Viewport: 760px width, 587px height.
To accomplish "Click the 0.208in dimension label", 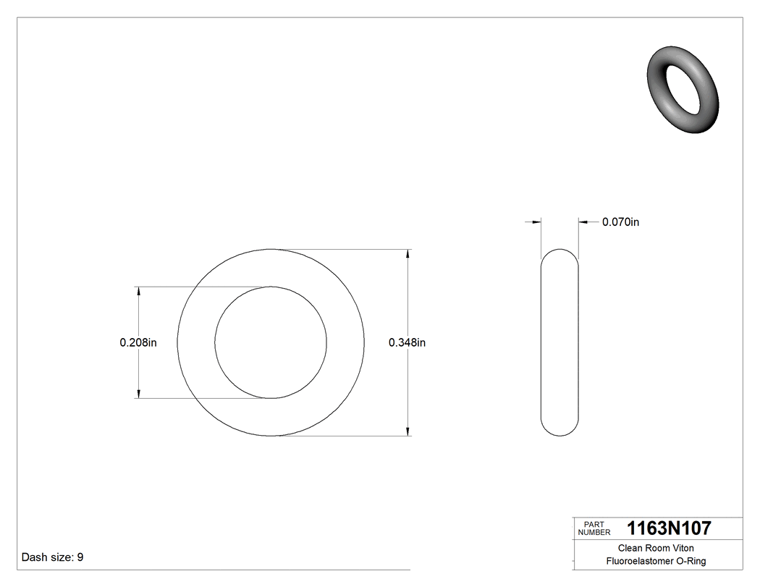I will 138,342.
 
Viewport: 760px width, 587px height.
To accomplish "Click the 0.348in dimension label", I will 407,342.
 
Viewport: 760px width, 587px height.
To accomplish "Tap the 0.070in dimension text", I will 620,222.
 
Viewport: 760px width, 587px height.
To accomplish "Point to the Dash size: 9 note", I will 53,557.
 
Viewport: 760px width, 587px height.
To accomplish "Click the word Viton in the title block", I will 682,548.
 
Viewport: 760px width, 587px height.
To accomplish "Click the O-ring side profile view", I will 560,342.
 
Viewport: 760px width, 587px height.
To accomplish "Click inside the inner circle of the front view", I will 271,342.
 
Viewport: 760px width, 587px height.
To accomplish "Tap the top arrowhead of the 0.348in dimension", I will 409,253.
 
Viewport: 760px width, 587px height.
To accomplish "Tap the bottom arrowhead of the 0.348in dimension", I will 409,432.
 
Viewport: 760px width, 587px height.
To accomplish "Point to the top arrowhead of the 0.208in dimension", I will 138,291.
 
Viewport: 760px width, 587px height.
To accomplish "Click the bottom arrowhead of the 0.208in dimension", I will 138,394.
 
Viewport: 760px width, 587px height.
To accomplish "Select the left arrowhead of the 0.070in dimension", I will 537,222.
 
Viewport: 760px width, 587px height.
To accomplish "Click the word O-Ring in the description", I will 691,561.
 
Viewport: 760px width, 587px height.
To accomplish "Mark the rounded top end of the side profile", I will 560,252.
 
